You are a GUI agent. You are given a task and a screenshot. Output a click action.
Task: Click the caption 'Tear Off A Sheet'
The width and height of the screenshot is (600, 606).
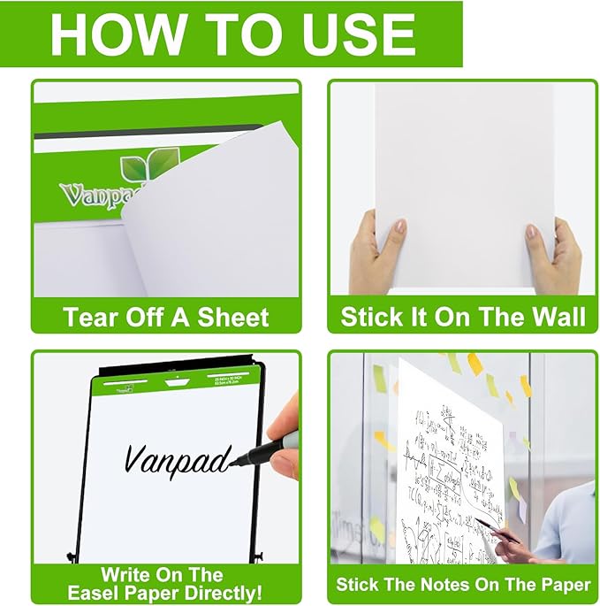165,317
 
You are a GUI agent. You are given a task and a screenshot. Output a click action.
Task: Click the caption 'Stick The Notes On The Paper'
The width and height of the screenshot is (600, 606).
462,585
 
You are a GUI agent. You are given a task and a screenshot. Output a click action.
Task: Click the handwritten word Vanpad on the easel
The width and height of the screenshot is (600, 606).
177,457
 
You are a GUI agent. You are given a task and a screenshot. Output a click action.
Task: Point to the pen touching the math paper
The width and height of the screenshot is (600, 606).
496,528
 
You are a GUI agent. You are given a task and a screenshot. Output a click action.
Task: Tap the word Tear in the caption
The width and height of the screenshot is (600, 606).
86,317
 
